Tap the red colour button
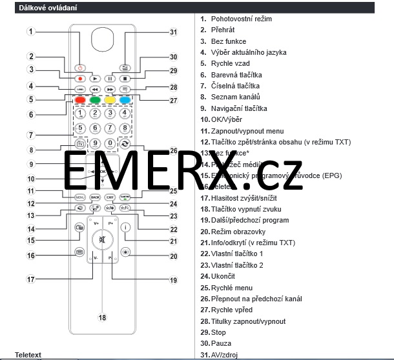click(79, 101)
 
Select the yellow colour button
click(110, 101)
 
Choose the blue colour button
click(125, 101)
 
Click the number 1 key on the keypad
click(79, 114)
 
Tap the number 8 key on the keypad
click(125, 128)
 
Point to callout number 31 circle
click(173, 32)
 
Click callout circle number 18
click(101, 317)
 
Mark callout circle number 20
click(173, 256)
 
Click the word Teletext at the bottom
click(28, 355)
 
